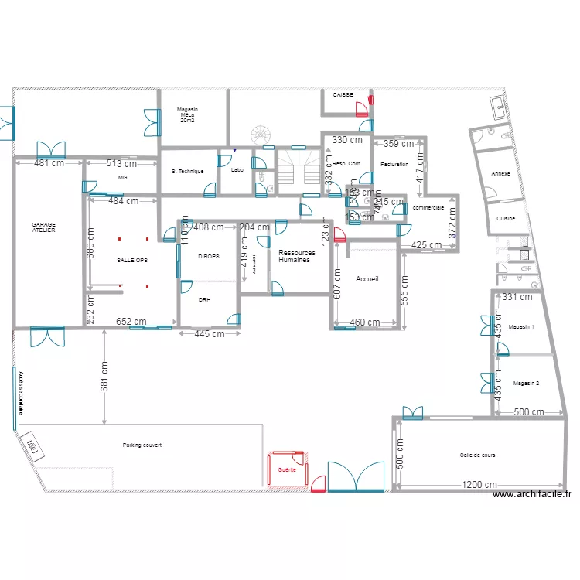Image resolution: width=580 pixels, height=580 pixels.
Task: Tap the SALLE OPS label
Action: [131, 261]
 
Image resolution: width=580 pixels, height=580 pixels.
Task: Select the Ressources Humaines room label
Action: [297, 257]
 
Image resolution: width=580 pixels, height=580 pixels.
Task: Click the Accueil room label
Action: [367, 278]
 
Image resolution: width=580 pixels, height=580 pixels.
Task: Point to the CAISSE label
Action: [343, 95]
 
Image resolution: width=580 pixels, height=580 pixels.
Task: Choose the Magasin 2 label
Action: [526, 384]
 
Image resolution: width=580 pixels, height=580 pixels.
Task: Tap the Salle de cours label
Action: [477, 455]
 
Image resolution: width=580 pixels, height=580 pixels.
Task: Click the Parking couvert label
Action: [142, 445]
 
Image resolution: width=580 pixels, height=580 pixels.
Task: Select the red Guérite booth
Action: [287, 470]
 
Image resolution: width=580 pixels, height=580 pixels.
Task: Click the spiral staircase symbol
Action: [261, 135]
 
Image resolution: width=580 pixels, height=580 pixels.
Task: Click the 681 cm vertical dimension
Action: [104, 379]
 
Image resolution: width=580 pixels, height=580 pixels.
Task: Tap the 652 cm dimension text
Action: [131, 322]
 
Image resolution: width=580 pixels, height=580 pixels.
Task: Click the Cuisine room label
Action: [507, 219]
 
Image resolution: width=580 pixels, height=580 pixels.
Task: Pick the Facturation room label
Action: [394, 164]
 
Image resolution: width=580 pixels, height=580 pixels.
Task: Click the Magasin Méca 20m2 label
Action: [186, 115]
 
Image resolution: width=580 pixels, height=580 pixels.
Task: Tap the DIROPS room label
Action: [208, 256]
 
